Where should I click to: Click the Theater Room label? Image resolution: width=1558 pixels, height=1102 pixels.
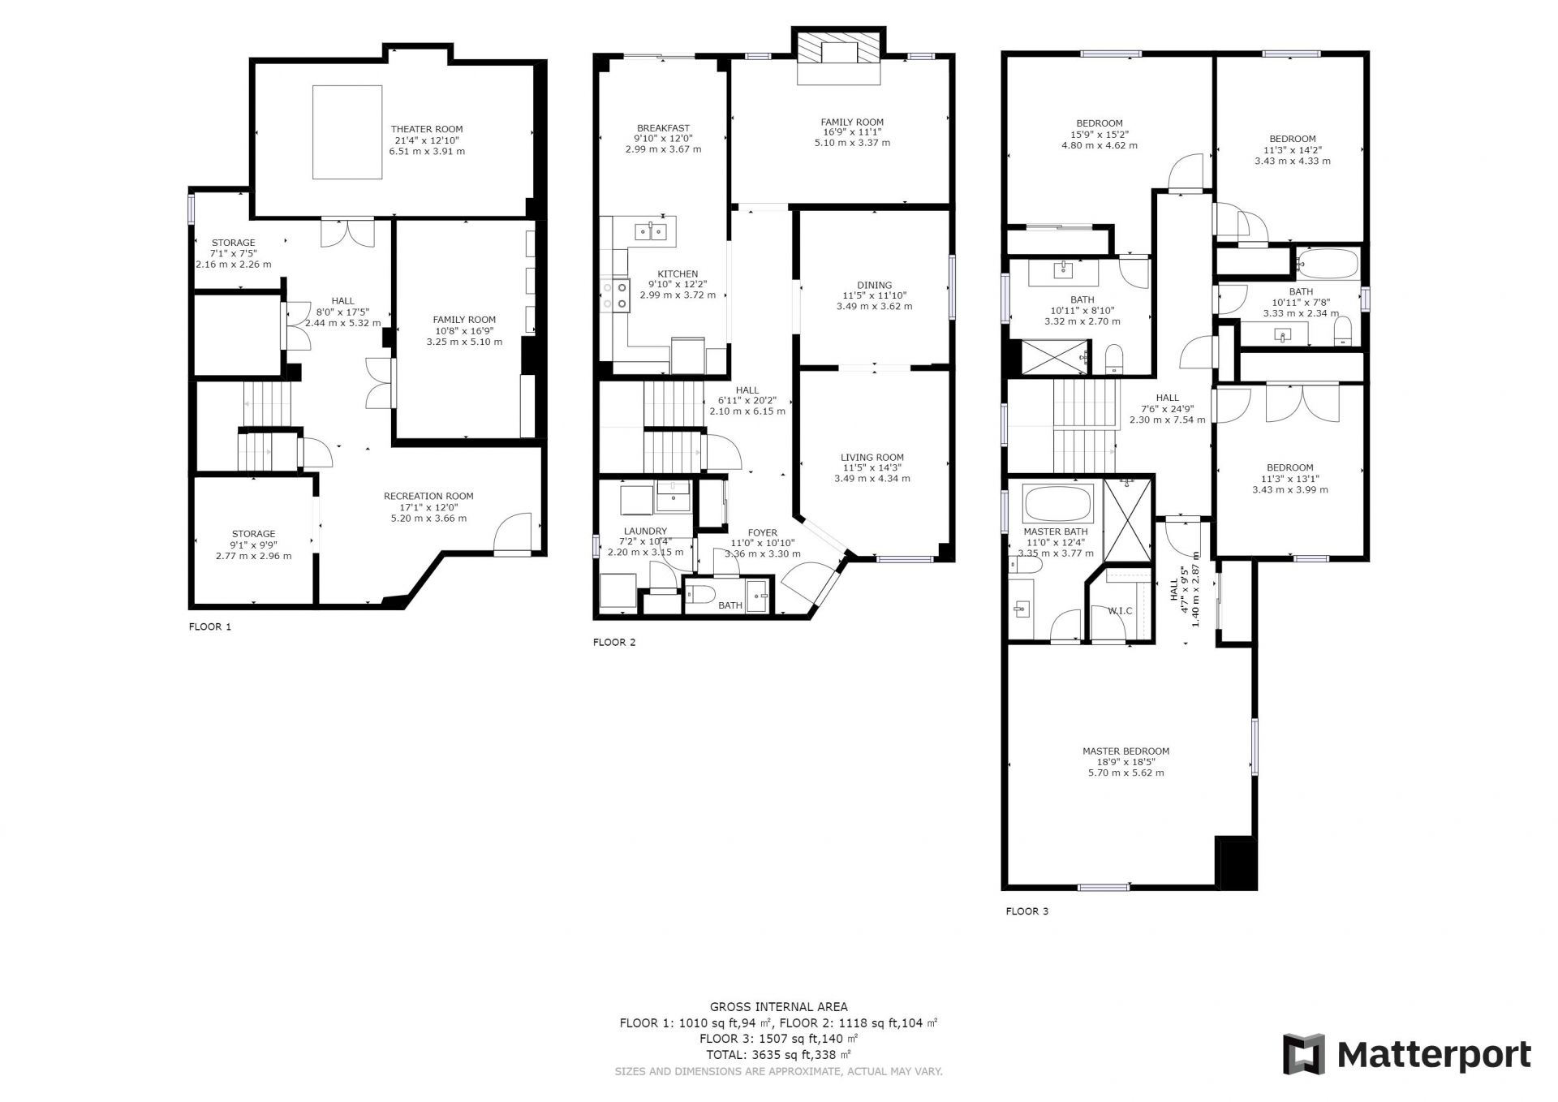tap(427, 129)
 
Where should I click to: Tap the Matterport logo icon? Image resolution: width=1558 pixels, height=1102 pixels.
tap(1303, 1054)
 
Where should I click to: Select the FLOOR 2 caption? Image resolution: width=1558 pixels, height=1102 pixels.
tap(614, 643)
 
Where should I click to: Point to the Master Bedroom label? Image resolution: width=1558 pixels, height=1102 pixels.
tap(1125, 751)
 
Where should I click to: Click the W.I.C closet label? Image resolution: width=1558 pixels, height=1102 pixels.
tap(1120, 610)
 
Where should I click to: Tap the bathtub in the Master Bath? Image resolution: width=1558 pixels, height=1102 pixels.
tap(1059, 503)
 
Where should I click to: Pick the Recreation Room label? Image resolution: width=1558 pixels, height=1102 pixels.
tap(428, 497)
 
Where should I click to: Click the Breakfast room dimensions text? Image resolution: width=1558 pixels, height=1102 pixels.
tap(663, 144)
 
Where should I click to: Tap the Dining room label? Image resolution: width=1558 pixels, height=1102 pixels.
tap(874, 285)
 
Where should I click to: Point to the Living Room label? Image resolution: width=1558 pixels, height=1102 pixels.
tap(872, 458)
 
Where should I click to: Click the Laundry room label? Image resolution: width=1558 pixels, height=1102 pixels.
tap(645, 532)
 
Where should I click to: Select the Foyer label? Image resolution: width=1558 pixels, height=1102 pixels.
tap(762, 533)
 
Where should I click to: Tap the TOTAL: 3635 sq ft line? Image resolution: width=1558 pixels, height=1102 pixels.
tap(778, 1055)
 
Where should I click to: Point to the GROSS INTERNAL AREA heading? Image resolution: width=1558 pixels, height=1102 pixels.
tap(778, 1007)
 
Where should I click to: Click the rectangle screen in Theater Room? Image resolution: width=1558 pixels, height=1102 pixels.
tap(347, 131)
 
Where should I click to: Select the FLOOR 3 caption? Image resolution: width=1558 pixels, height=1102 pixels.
tap(1026, 911)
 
